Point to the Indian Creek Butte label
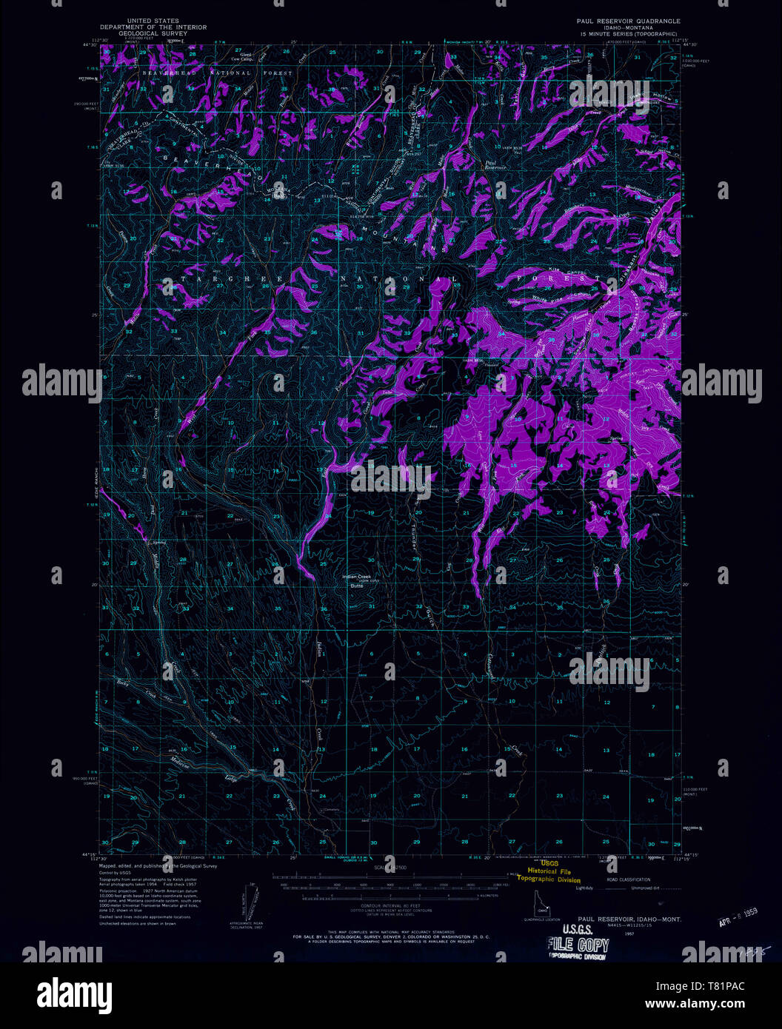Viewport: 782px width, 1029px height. tap(360, 581)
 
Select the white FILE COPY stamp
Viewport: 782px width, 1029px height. tap(577, 944)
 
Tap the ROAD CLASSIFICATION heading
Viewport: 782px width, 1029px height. tap(628, 879)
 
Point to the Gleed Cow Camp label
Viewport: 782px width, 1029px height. tap(241, 56)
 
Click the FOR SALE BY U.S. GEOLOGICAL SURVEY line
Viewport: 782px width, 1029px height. tap(385, 936)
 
